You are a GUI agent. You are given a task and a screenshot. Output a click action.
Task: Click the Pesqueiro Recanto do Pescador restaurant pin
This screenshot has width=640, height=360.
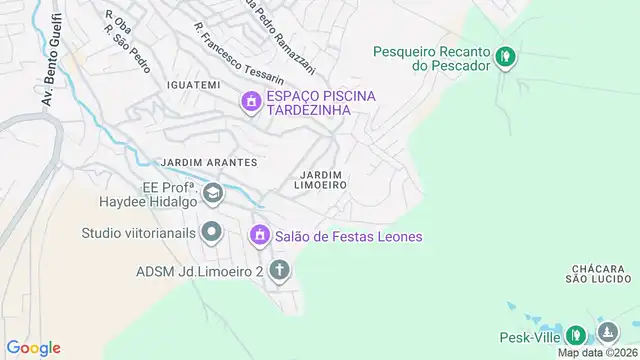tap(507, 56)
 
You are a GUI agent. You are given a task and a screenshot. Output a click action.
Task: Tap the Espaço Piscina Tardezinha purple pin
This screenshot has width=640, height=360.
tap(250, 101)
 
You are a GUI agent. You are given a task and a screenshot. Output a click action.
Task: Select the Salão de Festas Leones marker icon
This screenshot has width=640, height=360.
tap(259, 235)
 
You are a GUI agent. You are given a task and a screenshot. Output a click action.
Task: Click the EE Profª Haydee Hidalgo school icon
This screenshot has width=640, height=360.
tap(212, 192)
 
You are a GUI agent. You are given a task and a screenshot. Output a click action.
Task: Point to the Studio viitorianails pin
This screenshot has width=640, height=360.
tap(211, 233)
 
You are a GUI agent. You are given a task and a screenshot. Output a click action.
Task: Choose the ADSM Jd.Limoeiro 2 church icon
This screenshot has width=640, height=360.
tap(279, 270)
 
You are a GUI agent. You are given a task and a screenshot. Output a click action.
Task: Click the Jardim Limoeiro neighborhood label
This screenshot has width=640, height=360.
tap(321, 180)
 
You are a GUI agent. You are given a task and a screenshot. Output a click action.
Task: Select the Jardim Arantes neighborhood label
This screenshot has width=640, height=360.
tap(208, 162)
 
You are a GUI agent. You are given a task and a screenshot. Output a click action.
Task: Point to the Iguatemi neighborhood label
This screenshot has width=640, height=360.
tap(194, 85)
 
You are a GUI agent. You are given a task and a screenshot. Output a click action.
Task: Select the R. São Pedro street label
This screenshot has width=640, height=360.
tap(127, 46)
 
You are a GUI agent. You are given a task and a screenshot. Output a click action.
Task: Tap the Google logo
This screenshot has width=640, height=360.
tap(35, 347)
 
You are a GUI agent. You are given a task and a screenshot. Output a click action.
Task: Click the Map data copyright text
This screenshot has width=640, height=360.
tap(596, 352)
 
